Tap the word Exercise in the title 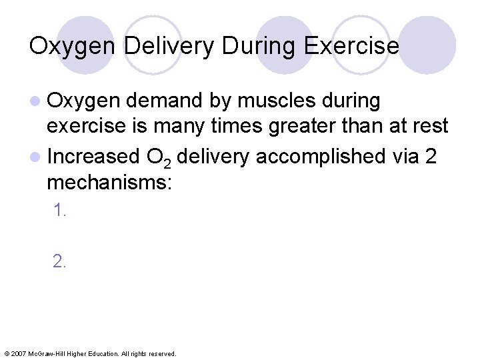[351, 46]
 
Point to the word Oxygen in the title [73, 46]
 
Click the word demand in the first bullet [164, 101]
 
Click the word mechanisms [109, 181]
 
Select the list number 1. [60, 211]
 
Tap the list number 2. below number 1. [60, 261]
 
